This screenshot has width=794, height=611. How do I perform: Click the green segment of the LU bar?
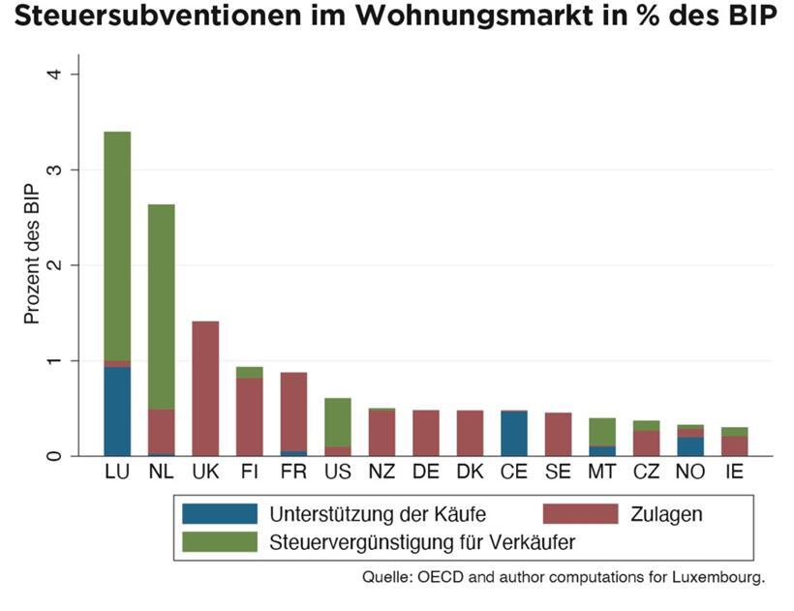tap(117, 247)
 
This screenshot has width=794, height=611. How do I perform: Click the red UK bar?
tap(205, 388)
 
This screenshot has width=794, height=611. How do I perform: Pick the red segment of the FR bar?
tap(293, 412)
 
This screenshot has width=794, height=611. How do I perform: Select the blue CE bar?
tap(514, 434)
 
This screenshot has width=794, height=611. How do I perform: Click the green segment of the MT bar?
tap(602, 432)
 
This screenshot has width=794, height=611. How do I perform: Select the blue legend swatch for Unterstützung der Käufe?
tap(219, 514)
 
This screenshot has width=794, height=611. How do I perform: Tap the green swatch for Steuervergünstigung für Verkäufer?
tap(219, 542)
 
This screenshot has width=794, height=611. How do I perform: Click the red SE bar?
tap(558, 434)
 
